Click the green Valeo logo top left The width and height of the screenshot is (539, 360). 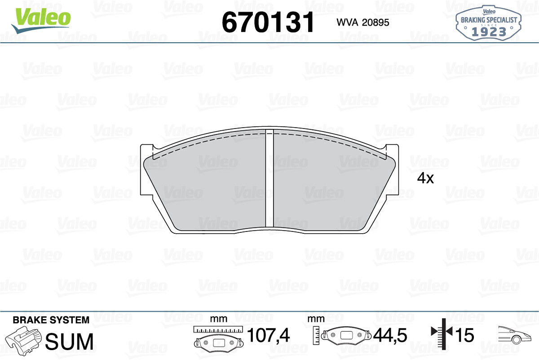point(41,20)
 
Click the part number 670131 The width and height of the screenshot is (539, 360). point(268,22)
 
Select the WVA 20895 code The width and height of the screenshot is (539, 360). point(363,22)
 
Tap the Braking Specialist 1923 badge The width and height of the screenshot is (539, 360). point(489,23)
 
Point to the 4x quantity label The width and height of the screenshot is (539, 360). point(425,178)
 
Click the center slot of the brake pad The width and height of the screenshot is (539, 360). point(269,179)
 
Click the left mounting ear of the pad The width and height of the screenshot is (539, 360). point(146,169)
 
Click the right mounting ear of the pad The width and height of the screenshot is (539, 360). point(392,169)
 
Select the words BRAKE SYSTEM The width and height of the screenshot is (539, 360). point(51,320)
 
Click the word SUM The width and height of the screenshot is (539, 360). point(69,341)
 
